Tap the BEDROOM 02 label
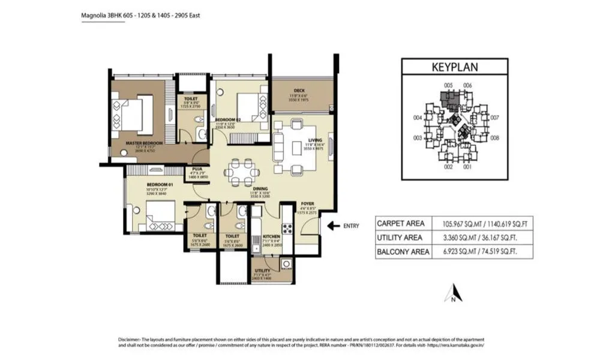pyautogui.click(x=228, y=120)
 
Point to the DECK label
pyautogui.click(x=299, y=91)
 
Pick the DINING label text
pyautogui.click(x=243, y=188)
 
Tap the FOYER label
pyautogui.click(x=307, y=203)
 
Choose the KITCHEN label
pyautogui.click(x=272, y=237)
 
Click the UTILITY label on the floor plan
pyautogui.click(x=263, y=271)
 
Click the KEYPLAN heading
pyautogui.click(x=454, y=67)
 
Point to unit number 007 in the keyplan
pyautogui.click(x=494, y=118)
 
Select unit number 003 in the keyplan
pyautogui.click(x=416, y=138)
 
